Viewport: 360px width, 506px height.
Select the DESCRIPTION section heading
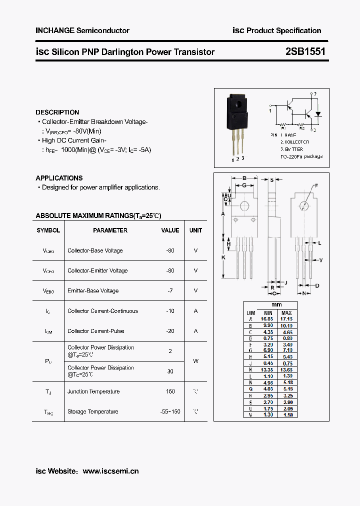(57, 112)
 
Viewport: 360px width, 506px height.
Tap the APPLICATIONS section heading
(59, 178)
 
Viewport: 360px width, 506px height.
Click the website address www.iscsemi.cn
(110, 471)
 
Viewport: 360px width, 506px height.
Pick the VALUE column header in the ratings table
(170, 230)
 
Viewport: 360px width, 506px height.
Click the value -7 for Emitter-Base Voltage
(170, 290)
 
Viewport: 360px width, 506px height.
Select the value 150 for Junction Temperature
(170, 391)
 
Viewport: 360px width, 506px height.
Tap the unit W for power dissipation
(195, 360)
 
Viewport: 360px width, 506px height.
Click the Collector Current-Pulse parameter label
(96, 331)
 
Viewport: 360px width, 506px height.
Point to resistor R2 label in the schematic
(301, 128)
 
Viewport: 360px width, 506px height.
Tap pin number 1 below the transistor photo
(232, 160)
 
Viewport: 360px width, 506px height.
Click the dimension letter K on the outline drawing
(223, 257)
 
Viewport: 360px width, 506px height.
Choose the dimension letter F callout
(316, 186)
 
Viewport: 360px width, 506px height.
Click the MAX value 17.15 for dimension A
(286, 318)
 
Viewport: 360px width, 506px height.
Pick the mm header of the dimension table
(276, 305)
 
